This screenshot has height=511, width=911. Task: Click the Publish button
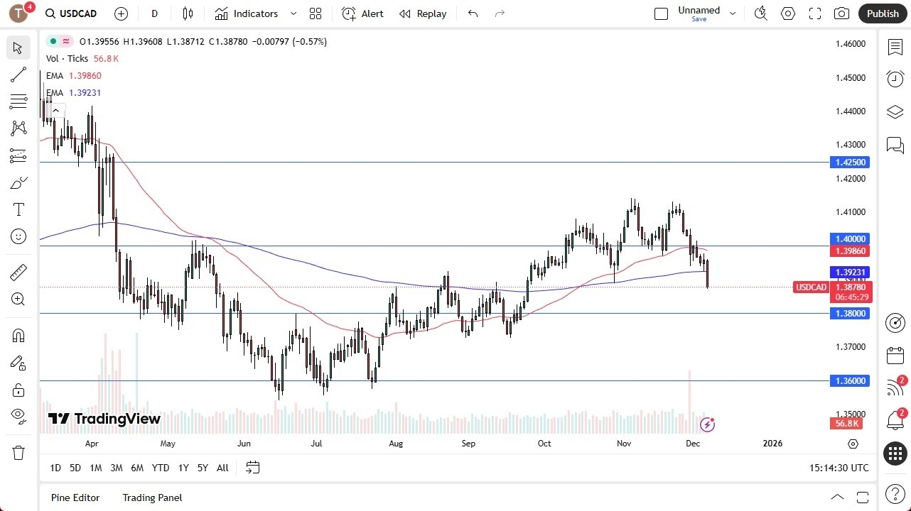tap(883, 13)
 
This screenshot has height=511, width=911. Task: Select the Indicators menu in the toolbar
tap(255, 13)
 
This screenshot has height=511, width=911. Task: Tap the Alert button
tap(362, 13)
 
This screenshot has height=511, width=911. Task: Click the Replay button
tap(423, 13)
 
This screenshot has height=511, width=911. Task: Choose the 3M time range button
tap(117, 468)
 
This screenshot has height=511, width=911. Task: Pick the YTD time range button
tap(161, 468)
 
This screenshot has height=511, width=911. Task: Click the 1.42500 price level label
tap(849, 163)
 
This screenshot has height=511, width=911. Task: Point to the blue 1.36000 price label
tap(849, 381)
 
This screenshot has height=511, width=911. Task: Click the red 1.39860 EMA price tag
tap(849, 251)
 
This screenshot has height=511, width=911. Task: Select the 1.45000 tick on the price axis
tap(851, 77)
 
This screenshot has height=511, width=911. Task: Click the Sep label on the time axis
tap(468, 444)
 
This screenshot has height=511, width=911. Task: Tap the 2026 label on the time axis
tap(772, 444)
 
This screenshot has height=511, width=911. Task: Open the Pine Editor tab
tap(75, 498)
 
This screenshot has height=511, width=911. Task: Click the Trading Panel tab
tap(152, 498)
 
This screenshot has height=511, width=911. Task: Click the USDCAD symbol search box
tap(71, 13)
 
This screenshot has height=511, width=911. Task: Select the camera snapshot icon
tap(841, 13)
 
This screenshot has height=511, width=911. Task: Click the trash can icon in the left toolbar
tap(18, 453)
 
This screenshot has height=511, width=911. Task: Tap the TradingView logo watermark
tap(104, 419)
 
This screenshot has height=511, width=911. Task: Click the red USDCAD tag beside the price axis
tap(811, 287)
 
